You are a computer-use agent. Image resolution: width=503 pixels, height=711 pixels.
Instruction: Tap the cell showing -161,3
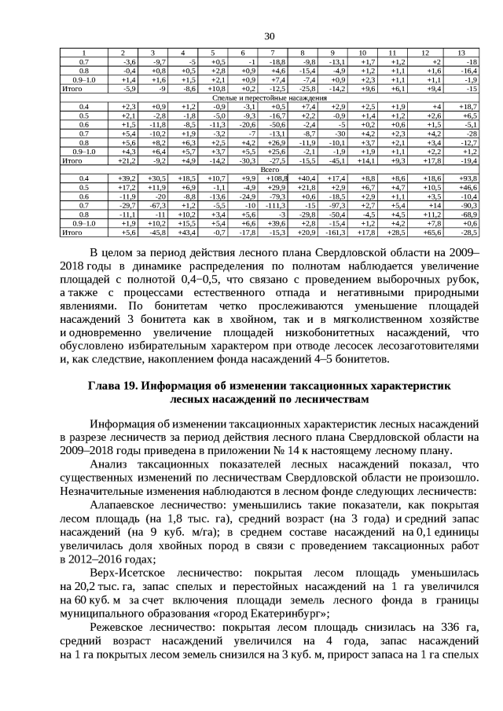335,233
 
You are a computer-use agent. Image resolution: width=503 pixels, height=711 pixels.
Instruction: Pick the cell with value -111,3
276,205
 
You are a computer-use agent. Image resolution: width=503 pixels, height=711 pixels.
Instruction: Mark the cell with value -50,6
277,124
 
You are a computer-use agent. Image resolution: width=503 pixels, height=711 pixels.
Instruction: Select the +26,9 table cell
277,142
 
